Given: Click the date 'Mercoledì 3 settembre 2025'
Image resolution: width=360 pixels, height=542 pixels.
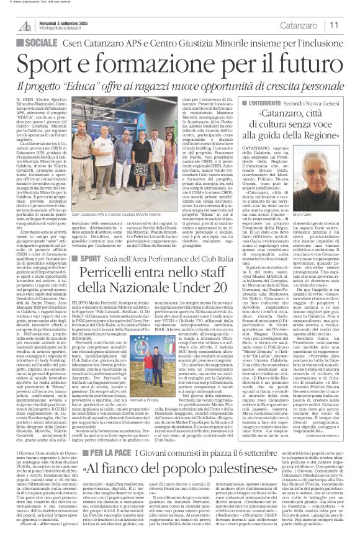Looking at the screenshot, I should point(61,22).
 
